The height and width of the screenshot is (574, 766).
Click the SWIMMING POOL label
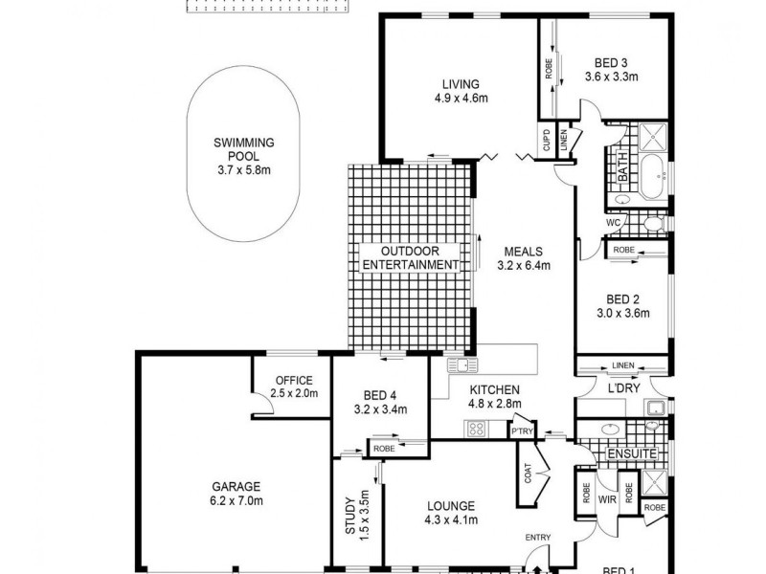click(244, 149)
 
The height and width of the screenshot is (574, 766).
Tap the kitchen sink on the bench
click(462, 364)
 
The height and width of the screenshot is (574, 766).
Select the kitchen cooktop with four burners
click(476, 429)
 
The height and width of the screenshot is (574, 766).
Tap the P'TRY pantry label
click(522, 432)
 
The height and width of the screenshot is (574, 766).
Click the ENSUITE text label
click(633, 453)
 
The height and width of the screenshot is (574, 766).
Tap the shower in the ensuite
click(655, 482)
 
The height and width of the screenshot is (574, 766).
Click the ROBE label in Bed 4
click(384, 448)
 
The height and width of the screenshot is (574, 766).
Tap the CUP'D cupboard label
click(547, 142)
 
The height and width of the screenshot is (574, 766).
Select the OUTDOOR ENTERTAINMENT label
click(407, 256)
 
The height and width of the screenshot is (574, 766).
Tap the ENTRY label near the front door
click(536, 539)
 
